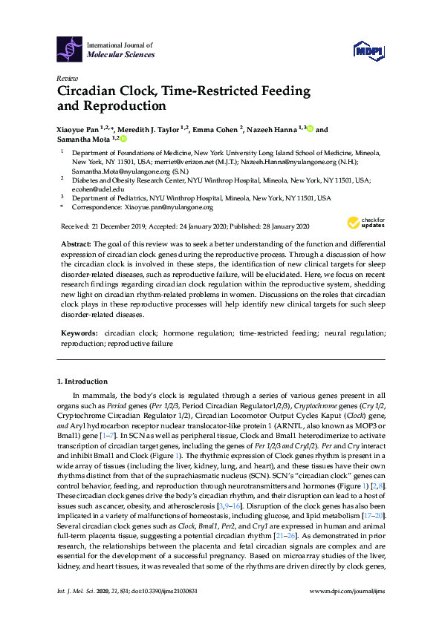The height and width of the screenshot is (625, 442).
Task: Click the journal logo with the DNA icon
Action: [70, 49]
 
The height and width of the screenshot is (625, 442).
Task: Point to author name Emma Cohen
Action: [214, 129]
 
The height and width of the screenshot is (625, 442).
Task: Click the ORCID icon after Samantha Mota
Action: [124, 139]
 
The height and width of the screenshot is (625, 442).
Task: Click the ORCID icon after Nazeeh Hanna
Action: [309, 129]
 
